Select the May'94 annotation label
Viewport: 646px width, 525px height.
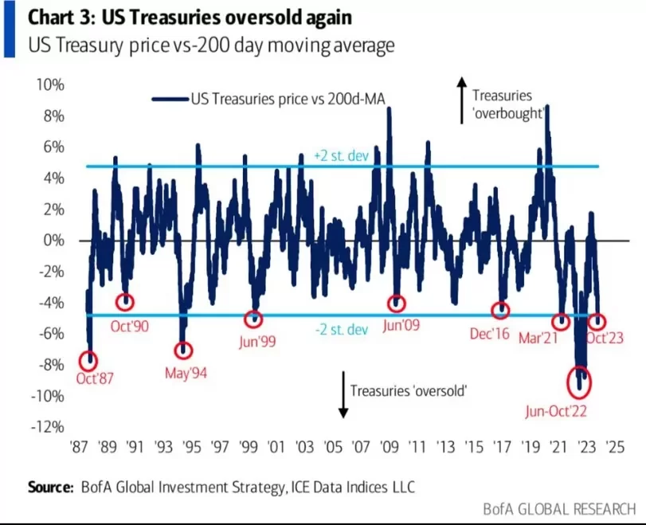point(185,372)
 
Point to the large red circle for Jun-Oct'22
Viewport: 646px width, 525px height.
point(580,382)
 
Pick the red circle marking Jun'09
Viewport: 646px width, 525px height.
point(397,304)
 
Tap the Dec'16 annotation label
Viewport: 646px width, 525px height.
point(490,335)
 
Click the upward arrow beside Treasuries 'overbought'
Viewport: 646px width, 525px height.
point(460,100)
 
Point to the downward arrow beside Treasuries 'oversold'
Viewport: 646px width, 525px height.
point(343,395)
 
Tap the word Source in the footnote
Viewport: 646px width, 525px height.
point(50,486)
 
